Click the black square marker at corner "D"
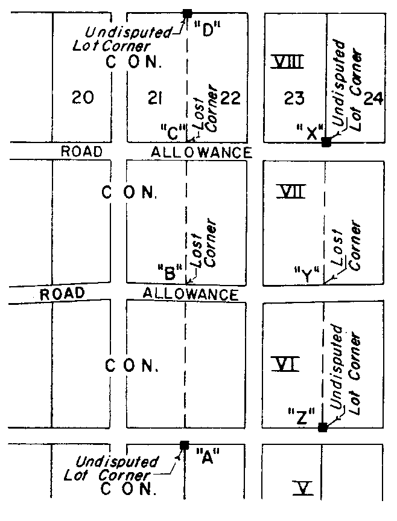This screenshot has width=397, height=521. pos(187,13)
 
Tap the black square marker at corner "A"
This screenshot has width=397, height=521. pos(185,446)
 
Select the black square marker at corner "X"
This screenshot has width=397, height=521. pos(326,142)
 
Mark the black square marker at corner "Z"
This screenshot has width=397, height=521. pos(323,427)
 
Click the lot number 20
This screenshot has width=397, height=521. pos(82,97)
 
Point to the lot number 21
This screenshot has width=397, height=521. pos(157,97)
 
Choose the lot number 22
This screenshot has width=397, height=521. pos(231,97)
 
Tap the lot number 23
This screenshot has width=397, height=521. pos(294,98)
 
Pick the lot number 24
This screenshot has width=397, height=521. pos(374,98)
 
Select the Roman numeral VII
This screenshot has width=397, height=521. pos(291,193)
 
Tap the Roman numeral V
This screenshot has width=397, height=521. pos(303,487)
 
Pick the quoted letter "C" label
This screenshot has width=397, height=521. pos(173,129)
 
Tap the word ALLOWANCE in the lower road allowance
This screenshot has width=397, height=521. pos(191,294)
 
